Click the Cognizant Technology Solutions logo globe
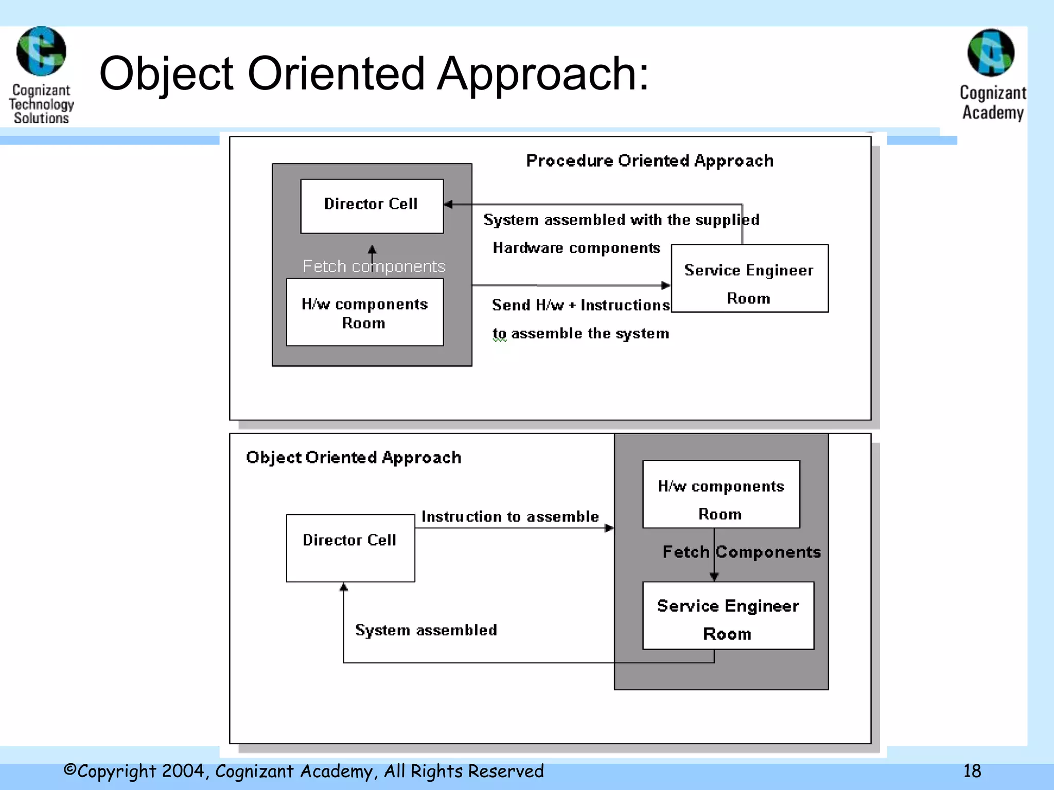pyautogui.click(x=41, y=51)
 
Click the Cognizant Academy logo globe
pyautogui.click(x=991, y=53)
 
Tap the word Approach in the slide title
pyautogui.click(x=543, y=75)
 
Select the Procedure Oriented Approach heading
pyautogui.click(x=649, y=161)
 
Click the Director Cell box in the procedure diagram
pyautogui.click(x=372, y=206)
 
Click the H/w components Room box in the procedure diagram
pyautogui.click(x=364, y=312)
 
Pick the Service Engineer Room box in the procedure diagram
pyautogui.click(x=749, y=278)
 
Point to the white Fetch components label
pyautogui.click(x=374, y=266)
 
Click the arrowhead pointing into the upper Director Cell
pyautogui.click(x=448, y=205)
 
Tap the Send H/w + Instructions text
pyautogui.click(x=581, y=305)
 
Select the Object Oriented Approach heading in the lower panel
pyautogui.click(x=354, y=457)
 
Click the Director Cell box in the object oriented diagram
pyautogui.click(x=350, y=548)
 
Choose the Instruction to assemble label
pyautogui.click(x=510, y=516)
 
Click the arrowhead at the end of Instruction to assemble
pyautogui.click(x=609, y=528)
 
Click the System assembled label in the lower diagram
pyautogui.click(x=426, y=630)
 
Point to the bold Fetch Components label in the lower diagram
pyautogui.click(x=741, y=552)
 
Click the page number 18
pyautogui.click(x=972, y=771)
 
